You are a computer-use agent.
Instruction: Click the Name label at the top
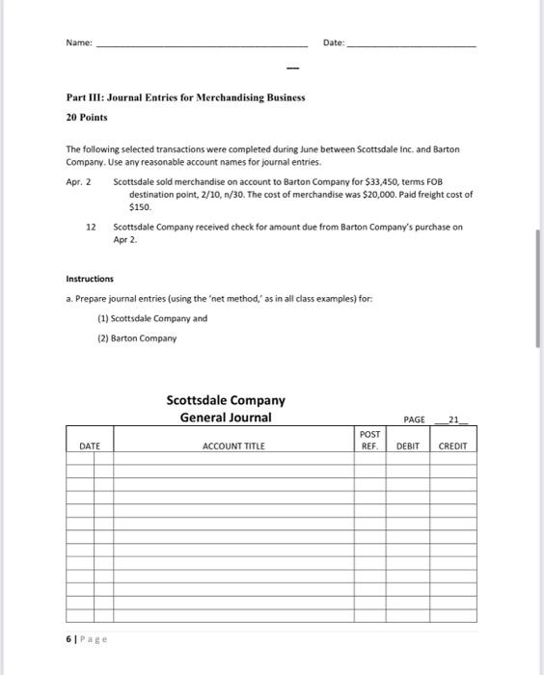pos(80,43)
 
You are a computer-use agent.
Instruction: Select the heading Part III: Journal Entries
pos(185,98)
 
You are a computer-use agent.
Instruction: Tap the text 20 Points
pos(87,117)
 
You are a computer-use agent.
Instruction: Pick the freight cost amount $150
pos(140,205)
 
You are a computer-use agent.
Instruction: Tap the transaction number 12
pos(90,228)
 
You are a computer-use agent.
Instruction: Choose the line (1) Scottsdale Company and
pos(152,317)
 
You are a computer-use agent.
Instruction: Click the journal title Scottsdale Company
pos(226,399)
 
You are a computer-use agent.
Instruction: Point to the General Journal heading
pos(226,417)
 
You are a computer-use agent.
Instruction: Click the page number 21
pos(456,418)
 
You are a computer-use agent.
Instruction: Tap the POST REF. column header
pos(368,441)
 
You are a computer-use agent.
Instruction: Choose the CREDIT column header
pos(452,446)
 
